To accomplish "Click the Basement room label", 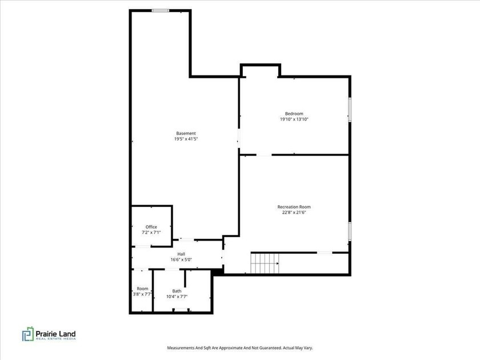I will (186, 133).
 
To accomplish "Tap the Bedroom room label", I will (294, 113).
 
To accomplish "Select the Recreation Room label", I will (294, 207).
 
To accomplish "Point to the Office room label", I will (151, 227).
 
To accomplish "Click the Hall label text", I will (181, 254).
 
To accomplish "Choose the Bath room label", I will (177, 291).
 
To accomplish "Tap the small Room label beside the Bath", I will (142, 289).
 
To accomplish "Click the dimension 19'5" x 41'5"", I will (186, 139).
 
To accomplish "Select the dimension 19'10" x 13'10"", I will (294, 119).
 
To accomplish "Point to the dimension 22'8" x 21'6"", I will (294, 213).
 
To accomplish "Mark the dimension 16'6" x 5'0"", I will (181, 260).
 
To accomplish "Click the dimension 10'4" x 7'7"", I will (177, 297).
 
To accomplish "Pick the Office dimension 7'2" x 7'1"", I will (151, 233).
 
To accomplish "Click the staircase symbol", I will (264, 263).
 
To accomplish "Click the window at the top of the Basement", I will (160, 10).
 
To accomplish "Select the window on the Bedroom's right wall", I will (350, 109).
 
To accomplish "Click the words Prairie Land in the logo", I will (57, 333).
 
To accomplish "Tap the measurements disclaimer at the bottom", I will (239, 347).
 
